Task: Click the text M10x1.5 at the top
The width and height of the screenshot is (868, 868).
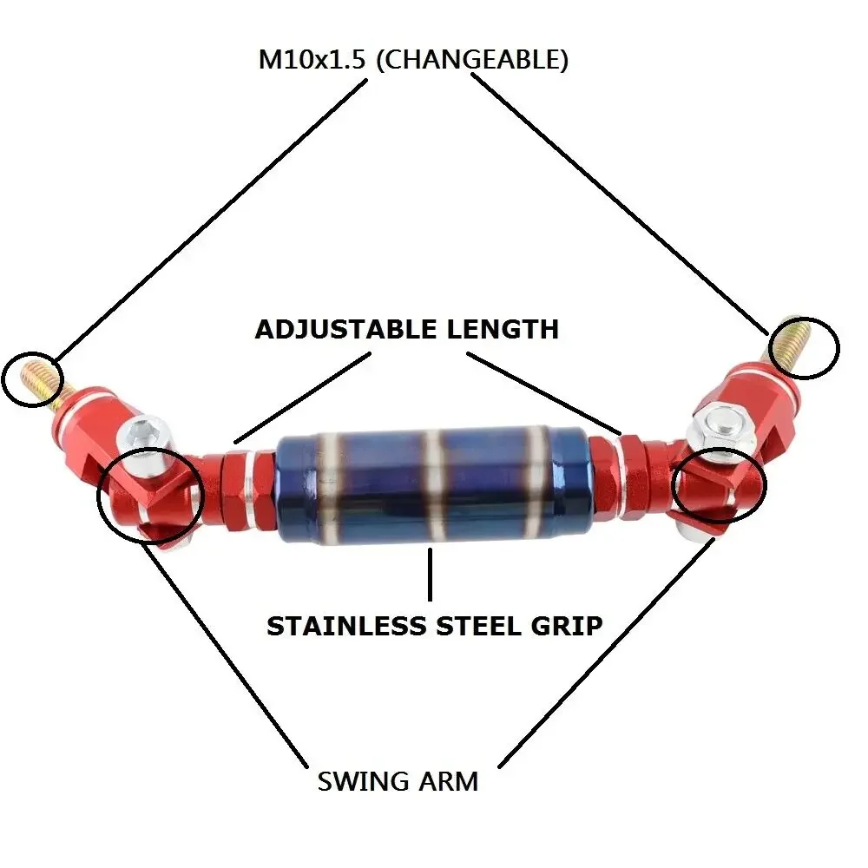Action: [312, 59]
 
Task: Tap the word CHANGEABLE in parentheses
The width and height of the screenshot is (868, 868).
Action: [472, 59]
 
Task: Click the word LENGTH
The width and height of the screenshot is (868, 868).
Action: [503, 329]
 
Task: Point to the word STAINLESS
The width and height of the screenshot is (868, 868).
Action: [346, 626]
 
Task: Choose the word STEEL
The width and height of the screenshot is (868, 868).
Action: [479, 626]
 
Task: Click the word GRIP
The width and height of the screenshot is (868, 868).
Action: [567, 626]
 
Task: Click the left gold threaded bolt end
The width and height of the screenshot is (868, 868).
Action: [40, 379]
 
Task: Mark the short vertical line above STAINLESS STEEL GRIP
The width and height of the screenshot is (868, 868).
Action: [431, 574]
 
